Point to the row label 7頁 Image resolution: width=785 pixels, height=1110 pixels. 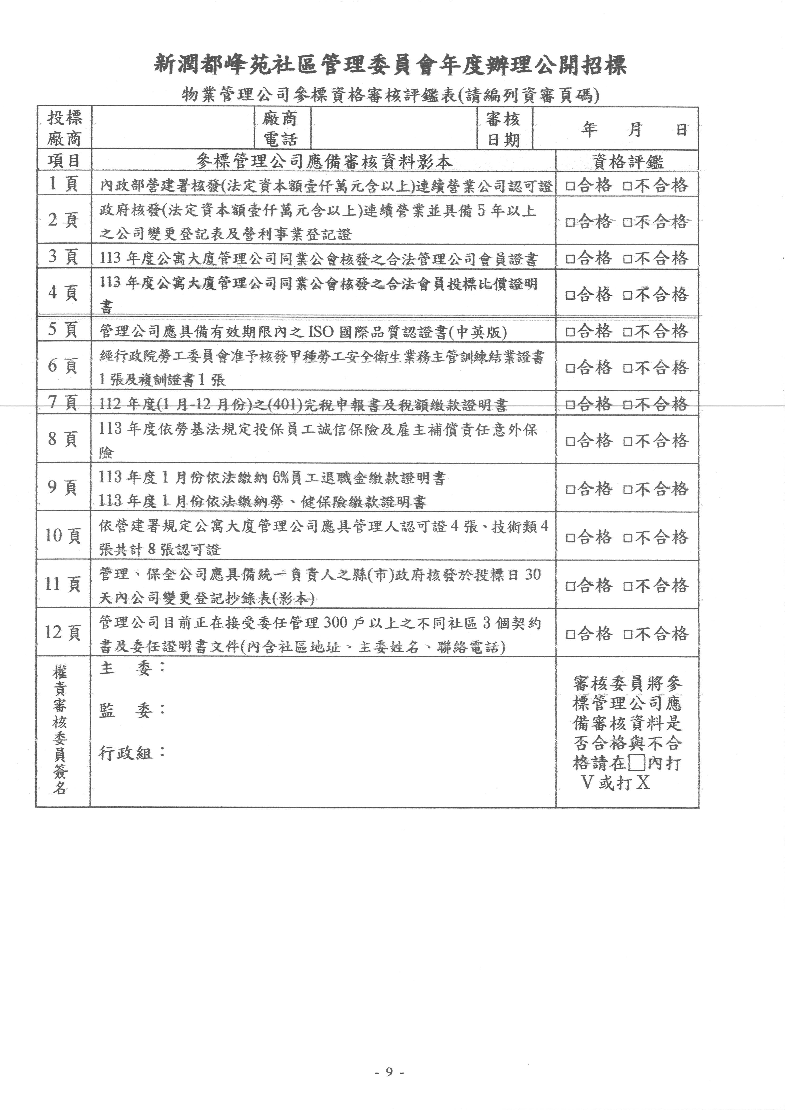pyautogui.click(x=63, y=402)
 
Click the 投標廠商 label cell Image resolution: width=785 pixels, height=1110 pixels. pyautogui.click(x=64, y=128)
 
